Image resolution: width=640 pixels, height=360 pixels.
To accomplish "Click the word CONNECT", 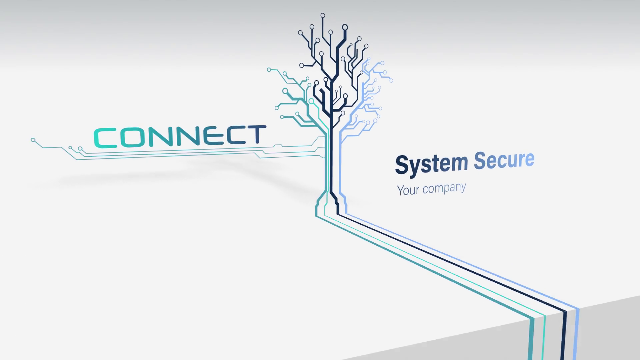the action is click(180, 136).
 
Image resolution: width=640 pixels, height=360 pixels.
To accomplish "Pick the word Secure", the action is click(504, 160).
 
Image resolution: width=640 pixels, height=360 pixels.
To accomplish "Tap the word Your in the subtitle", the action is click(408, 190).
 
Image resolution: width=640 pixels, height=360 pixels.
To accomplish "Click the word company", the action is click(444, 188).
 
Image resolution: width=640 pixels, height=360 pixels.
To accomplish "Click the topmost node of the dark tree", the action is click(323, 15).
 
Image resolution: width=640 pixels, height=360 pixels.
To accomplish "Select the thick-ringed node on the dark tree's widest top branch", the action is click(345, 27).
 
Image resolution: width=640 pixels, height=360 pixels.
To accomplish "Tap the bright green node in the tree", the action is click(311, 101).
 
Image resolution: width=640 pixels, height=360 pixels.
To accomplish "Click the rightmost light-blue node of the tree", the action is click(391, 80).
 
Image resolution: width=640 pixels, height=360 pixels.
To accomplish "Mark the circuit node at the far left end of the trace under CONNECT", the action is click(33, 140).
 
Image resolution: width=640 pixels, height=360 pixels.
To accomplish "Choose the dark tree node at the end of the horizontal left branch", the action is click(301, 65).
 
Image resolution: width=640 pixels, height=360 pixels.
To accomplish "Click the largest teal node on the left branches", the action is click(285, 91).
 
